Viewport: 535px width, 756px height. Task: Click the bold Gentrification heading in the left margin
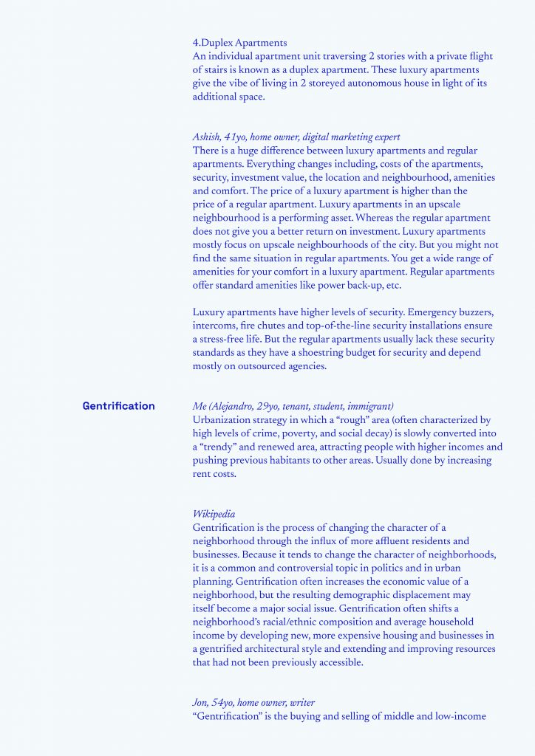tap(118, 405)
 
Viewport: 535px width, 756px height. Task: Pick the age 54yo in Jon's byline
tap(222, 703)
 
